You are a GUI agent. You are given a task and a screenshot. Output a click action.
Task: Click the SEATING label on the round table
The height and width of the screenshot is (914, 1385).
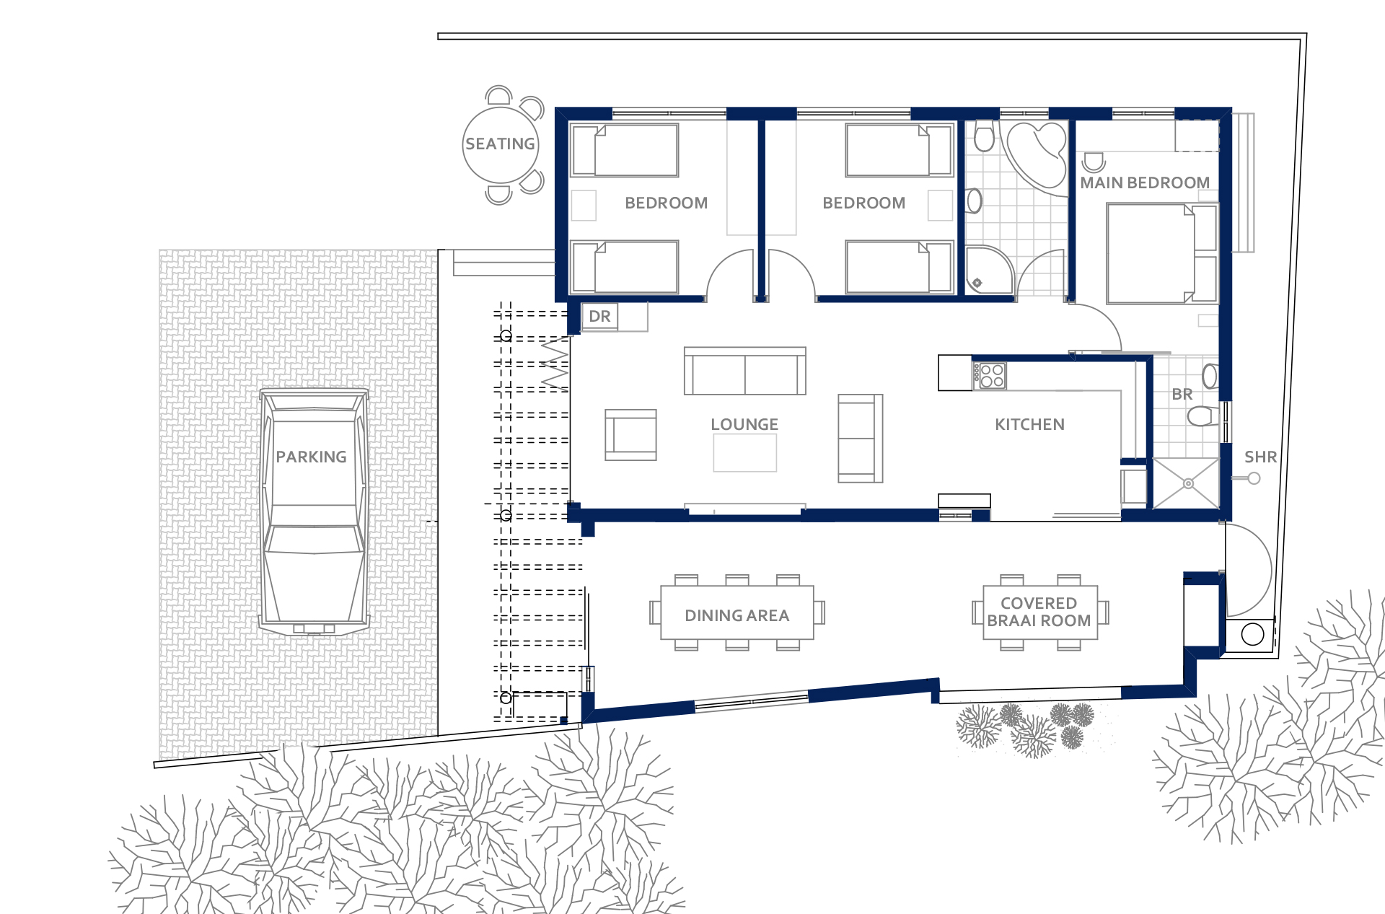pyautogui.click(x=500, y=144)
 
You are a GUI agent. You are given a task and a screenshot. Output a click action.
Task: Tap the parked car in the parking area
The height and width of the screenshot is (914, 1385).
pyautogui.click(x=314, y=512)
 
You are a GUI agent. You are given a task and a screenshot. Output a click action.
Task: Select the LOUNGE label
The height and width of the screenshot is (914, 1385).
pyautogui.click(x=744, y=424)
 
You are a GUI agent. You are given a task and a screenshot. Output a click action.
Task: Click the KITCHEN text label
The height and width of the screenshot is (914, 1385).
pyautogui.click(x=1029, y=424)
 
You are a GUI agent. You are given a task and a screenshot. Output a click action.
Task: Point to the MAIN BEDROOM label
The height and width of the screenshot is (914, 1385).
pyautogui.click(x=1145, y=183)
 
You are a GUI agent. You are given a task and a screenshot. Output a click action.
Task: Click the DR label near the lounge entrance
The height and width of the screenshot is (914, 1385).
pyautogui.click(x=599, y=317)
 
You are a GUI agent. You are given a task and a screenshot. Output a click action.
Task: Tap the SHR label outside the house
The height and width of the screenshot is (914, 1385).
pyautogui.click(x=1260, y=457)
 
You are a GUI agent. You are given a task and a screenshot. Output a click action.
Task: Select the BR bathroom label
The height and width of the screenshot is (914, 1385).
pyautogui.click(x=1182, y=395)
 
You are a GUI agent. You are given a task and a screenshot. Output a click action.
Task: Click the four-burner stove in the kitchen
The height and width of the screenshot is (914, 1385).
pyautogui.click(x=989, y=376)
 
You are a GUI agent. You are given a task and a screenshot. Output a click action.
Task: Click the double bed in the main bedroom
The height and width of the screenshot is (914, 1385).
pyautogui.click(x=1161, y=253)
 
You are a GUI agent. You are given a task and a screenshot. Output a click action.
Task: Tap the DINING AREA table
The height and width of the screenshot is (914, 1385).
pyautogui.click(x=737, y=612)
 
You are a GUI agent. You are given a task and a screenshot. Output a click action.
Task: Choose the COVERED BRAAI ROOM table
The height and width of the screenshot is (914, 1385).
pyautogui.click(x=1040, y=612)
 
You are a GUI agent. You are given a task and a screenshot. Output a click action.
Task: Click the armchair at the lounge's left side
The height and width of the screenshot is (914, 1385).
pyautogui.click(x=630, y=435)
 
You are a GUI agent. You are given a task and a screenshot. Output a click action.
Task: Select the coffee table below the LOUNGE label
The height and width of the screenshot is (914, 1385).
pyautogui.click(x=745, y=454)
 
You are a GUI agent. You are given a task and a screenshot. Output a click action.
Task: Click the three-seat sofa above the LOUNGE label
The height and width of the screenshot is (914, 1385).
pyautogui.click(x=745, y=371)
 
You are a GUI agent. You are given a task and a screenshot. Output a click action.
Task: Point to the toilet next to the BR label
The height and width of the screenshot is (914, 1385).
pyautogui.click(x=1202, y=416)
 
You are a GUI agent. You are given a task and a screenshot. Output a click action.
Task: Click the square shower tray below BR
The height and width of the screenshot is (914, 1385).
pyautogui.click(x=1187, y=483)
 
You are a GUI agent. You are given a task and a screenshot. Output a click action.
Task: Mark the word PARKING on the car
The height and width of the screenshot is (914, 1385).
pyautogui.click(x=311, y=457)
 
